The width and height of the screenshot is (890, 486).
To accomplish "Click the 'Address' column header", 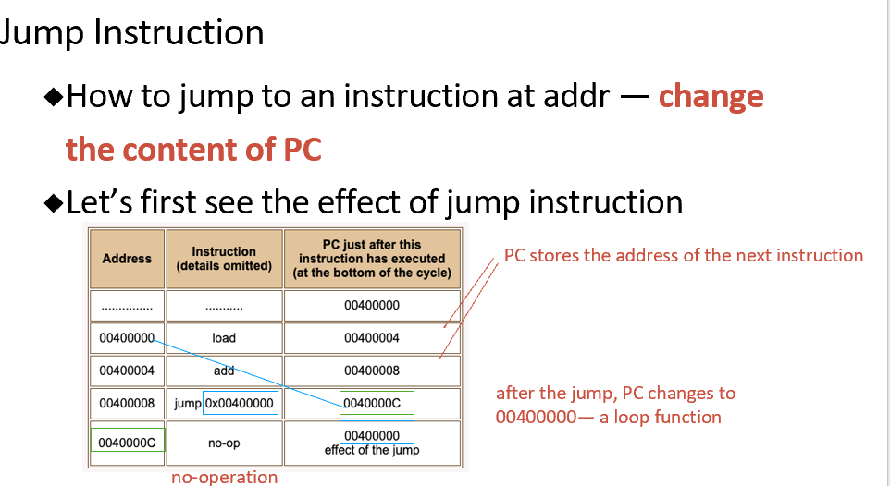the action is click(x=127, y=259).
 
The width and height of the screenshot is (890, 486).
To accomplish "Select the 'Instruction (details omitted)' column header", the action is click(x=224, y=259).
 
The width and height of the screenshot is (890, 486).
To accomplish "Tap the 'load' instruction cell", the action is click(x=224, y=338).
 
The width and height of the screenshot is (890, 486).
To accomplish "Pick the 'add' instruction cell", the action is click(x=224, y=371).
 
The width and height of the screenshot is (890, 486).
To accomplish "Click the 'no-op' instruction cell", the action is click(x=224, y=443).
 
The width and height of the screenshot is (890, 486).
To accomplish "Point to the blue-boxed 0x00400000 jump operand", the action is click(x=240, y=404).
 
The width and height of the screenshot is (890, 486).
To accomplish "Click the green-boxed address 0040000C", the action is click(x=128, y=443).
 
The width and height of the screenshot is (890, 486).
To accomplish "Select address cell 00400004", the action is click(x=127, y=371).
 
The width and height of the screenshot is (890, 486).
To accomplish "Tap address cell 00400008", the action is click(x=127, y=404).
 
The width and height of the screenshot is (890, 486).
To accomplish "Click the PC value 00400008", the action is click(x=372, y=371).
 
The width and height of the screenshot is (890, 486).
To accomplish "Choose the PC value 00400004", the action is click(x=372, y=338).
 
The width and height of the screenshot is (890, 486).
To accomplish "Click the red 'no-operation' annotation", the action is click(x=224, y=478).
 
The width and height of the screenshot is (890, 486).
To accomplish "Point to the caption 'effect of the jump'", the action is click(x=372, y=451).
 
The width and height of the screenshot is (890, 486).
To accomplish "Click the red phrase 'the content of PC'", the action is click(x=193, y=149).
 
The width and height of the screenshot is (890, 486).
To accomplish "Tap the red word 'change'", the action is click(x=711, y=96).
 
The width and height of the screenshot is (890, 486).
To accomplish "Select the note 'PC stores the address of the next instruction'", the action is click(x=683, y=256).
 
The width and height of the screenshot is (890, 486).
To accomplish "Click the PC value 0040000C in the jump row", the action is click(x=377, y=404).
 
